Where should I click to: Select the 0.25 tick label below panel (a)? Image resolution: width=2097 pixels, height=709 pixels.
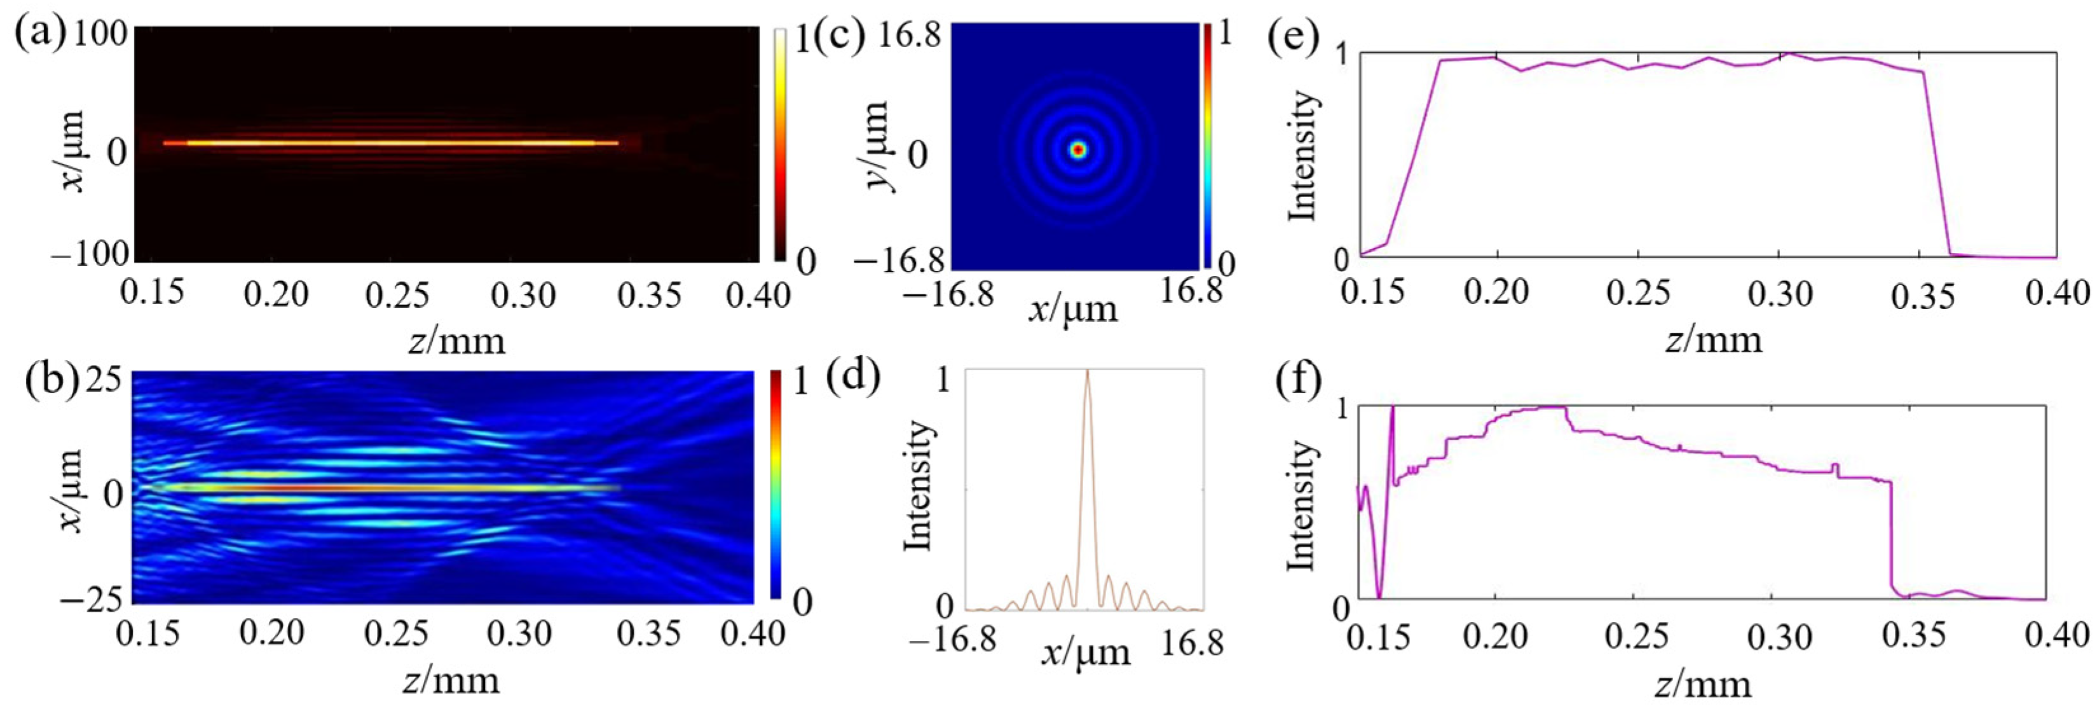(x=397, y=294)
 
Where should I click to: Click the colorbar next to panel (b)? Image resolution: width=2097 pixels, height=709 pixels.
(x=775, y=485)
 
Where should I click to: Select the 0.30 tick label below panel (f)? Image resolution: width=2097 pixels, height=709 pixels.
(x=1780, y=635)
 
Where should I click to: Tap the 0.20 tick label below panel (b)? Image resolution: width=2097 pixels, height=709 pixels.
(x=272, y=633)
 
